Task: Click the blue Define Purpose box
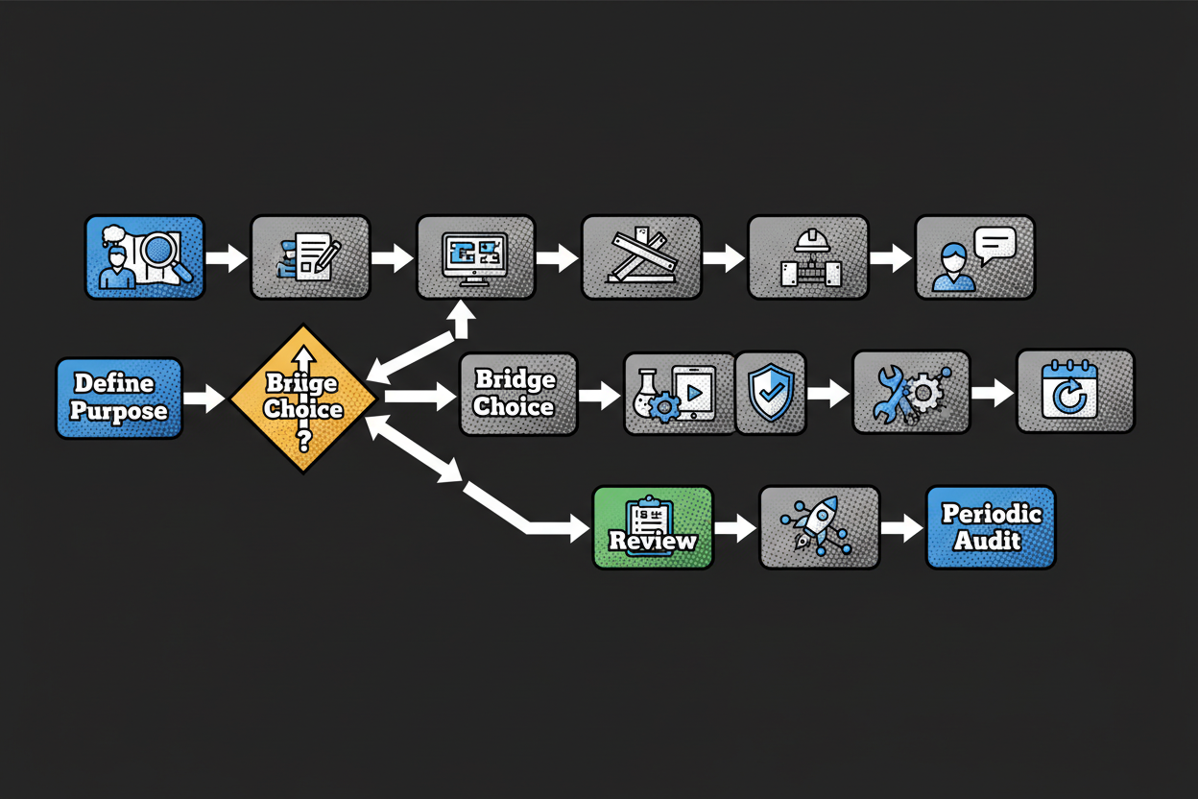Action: click(x=119, y=399)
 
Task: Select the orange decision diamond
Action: click(x=303, y=398)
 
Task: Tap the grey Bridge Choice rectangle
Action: click(x=517, y=394)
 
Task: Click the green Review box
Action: click(x=653, y=527)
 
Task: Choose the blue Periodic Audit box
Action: click(x=991, y=527)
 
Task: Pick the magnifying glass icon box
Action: click(x=145, y=256)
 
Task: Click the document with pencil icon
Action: click(x=310, y=256)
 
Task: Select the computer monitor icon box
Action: click(x=475, y=256)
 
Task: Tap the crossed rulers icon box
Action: click(x=641, y=256)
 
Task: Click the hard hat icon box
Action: click(x=807, y=256)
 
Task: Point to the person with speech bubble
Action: click(x=974, y=256)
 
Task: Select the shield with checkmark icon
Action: click(x=770, y=393)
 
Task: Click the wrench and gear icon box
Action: click(x=911, y=393)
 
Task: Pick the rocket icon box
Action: click(x=819, y=527)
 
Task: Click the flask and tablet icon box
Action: click(x=679, y=394)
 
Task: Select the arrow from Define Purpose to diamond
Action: click(x=204, y=398)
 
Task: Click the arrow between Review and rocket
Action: click(x=735, y=527)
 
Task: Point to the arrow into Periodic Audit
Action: click(x=902, y=527)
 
